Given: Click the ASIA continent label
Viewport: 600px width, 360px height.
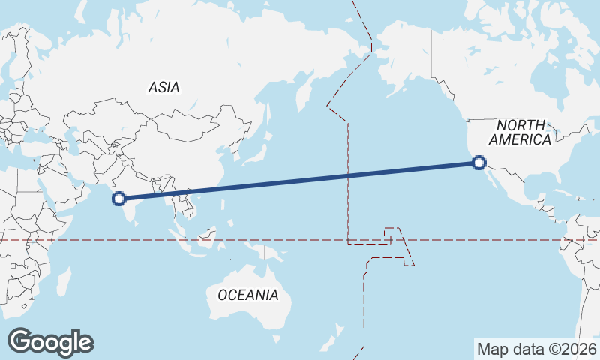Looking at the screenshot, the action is (x=163, y=87).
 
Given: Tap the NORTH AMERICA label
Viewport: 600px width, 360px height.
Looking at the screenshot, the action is (x=520, y=132).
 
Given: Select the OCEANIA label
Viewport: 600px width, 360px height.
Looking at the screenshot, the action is (x=247, y=295).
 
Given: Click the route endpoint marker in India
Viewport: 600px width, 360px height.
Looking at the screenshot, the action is (x=118, y=199).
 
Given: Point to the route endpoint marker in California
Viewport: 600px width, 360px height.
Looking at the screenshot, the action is (x=479, y=161).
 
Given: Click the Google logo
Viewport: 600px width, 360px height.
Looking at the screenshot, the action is (x=50, y=342).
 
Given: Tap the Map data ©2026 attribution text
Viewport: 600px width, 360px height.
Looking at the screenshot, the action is (x=537, y=349).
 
